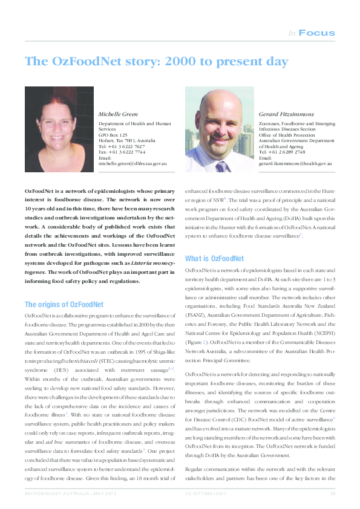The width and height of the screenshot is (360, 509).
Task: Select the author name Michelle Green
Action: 118,114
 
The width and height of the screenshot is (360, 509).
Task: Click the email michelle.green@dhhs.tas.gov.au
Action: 133,163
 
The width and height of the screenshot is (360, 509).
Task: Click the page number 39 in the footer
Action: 332,496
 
